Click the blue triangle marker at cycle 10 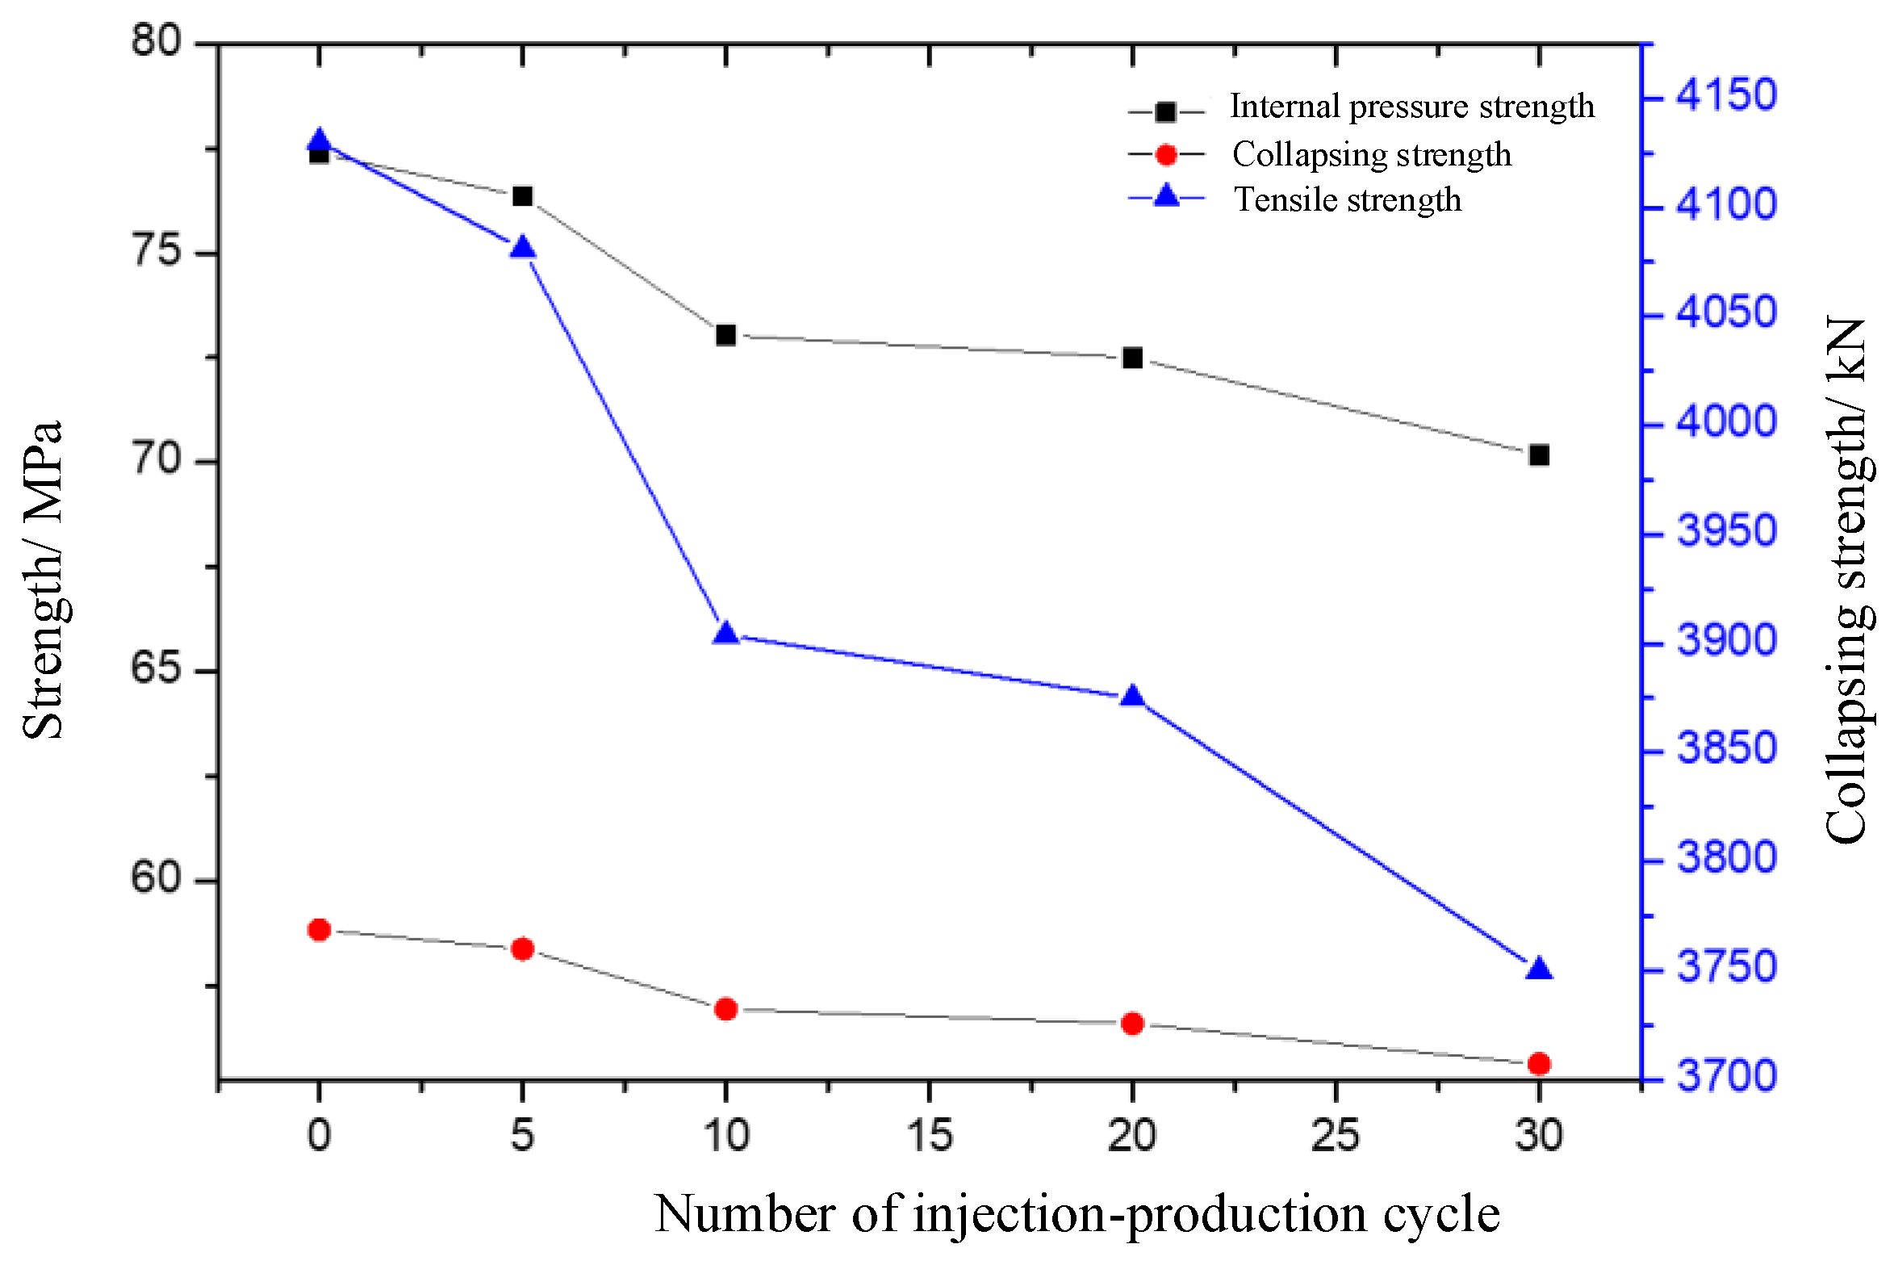point(726,634)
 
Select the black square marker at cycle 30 point(1539,455)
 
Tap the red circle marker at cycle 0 point(320,930)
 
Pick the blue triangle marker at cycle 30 point(1539,969)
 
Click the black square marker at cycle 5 point(523,196)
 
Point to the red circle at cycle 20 point(1133,1024)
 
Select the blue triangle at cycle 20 point(1133,697)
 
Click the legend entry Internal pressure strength point(1411,107)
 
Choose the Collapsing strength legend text point(1371,154)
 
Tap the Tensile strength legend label point(1348,199)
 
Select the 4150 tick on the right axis point(1726,95)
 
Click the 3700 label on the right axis point(1726,1076)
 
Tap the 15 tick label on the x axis point(930,1136)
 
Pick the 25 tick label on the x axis point(1336,1136)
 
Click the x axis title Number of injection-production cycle point(1077,1213)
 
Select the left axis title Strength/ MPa point(42,580)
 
